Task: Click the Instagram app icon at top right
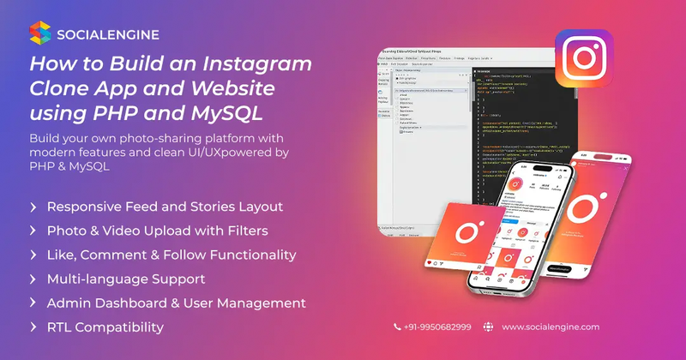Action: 583,57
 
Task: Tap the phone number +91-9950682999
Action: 437,327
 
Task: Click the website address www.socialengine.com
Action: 551,327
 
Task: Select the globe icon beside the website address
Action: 489,327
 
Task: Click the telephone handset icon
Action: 397,327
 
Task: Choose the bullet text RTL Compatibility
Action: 105,327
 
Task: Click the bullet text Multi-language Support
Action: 126,279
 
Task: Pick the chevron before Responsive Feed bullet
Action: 33,207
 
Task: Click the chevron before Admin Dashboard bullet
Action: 33,303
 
